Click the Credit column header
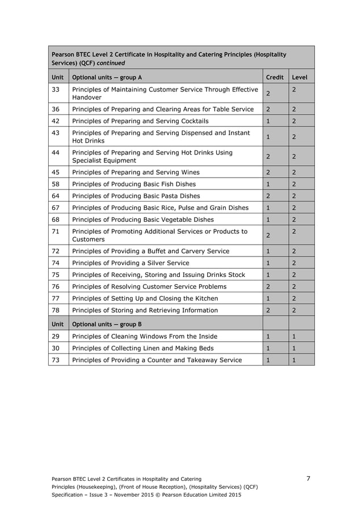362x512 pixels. pos(275,77)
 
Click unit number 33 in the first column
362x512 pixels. pos(56,90)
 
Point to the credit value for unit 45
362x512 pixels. pos(268,172)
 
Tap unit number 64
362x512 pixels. pos(56,196)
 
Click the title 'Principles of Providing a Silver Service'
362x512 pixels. pos(131,263)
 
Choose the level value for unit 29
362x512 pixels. pos(294,336)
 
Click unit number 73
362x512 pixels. pos(56,360)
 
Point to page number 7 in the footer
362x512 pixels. pos(308,479)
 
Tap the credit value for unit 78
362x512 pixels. pos(268,310)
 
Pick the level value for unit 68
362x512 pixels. pos(294,220)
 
